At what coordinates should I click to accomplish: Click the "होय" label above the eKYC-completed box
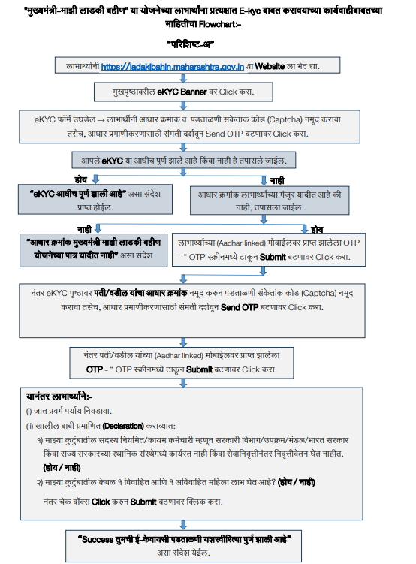tap(82, 179)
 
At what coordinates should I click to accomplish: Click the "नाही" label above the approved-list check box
tap(277, 179)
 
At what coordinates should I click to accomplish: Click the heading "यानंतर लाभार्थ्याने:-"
tap(59, 395)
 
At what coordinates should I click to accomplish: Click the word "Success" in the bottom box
tap(96, 538)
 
